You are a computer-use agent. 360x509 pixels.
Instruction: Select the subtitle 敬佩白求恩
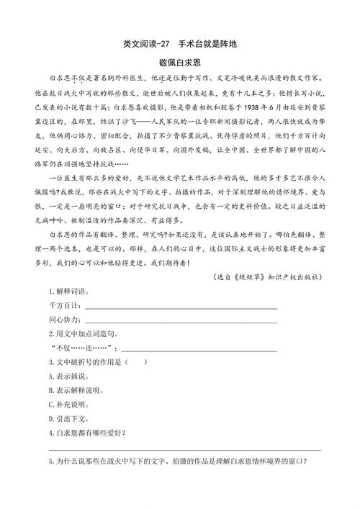pyautogui.click(x=179, y=63)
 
